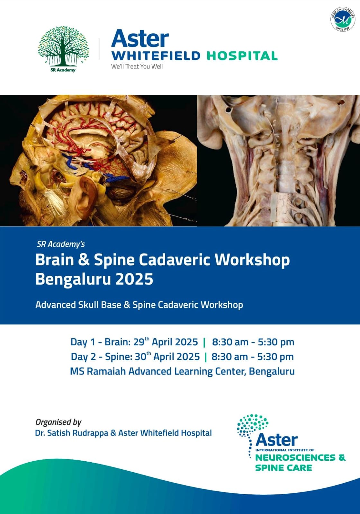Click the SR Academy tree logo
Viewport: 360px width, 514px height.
(x=63, y=49)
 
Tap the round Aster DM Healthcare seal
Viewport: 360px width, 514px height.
(x=343, y=19)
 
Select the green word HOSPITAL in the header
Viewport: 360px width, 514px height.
(x=242, y=56)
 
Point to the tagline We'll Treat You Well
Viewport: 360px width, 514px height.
(x=137, y=66)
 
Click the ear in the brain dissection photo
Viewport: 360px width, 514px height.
(x=84, y=195)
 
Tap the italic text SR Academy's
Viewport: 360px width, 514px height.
(x=61, y=244)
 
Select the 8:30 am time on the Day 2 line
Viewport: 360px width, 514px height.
(x=230, y=357)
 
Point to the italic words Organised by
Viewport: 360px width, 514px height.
(x=58, y=422)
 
